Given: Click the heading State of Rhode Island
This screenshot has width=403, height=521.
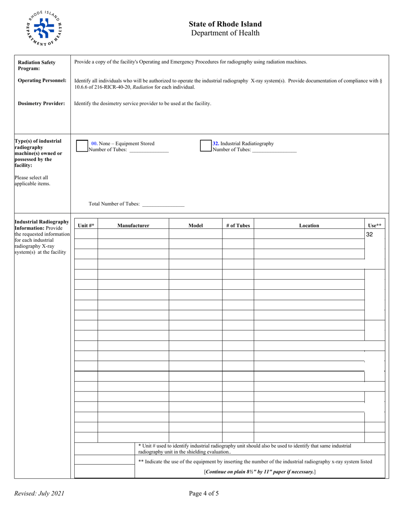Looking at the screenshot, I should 225,24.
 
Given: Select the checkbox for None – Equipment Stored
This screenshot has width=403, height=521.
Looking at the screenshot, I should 81,146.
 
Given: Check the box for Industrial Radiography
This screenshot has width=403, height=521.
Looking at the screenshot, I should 206,146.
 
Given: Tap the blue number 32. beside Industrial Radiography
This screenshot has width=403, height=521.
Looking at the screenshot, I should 216,144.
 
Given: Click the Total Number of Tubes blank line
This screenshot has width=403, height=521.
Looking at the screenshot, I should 163,205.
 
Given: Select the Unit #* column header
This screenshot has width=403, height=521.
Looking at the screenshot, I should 86,226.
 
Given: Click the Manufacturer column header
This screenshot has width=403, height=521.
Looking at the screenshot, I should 133,226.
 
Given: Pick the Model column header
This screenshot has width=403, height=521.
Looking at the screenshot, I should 196,226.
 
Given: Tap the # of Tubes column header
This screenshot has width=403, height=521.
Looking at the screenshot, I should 238,226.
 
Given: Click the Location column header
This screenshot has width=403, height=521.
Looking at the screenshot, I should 309,226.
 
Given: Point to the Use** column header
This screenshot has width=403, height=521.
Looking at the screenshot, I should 375,226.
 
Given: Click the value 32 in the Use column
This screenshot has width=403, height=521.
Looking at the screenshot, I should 369,234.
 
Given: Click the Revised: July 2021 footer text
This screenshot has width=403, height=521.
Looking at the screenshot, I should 39,493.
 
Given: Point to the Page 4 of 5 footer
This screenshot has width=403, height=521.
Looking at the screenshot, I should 204,493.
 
